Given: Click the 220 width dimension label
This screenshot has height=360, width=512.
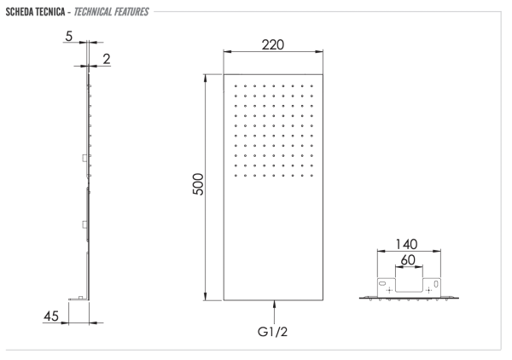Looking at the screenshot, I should point(273,44).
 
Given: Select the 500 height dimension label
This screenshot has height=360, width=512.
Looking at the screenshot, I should point(198,187).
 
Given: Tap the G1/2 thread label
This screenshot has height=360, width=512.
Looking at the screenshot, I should point(275,328).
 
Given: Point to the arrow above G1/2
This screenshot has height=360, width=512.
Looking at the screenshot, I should point(274,305).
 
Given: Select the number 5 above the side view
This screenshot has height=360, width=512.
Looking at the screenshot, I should point(68,37).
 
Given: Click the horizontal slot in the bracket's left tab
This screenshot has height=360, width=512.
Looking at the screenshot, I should point(381,283).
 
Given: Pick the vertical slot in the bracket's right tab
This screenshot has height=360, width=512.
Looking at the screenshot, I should point(437,283).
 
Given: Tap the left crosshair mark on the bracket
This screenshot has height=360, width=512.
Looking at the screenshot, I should point(390,291).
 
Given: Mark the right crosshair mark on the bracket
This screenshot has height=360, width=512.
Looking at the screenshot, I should point(428,291).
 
